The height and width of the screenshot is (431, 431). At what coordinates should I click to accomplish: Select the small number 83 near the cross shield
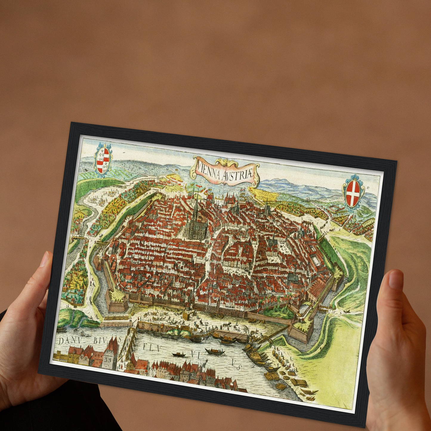coord(369,187)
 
